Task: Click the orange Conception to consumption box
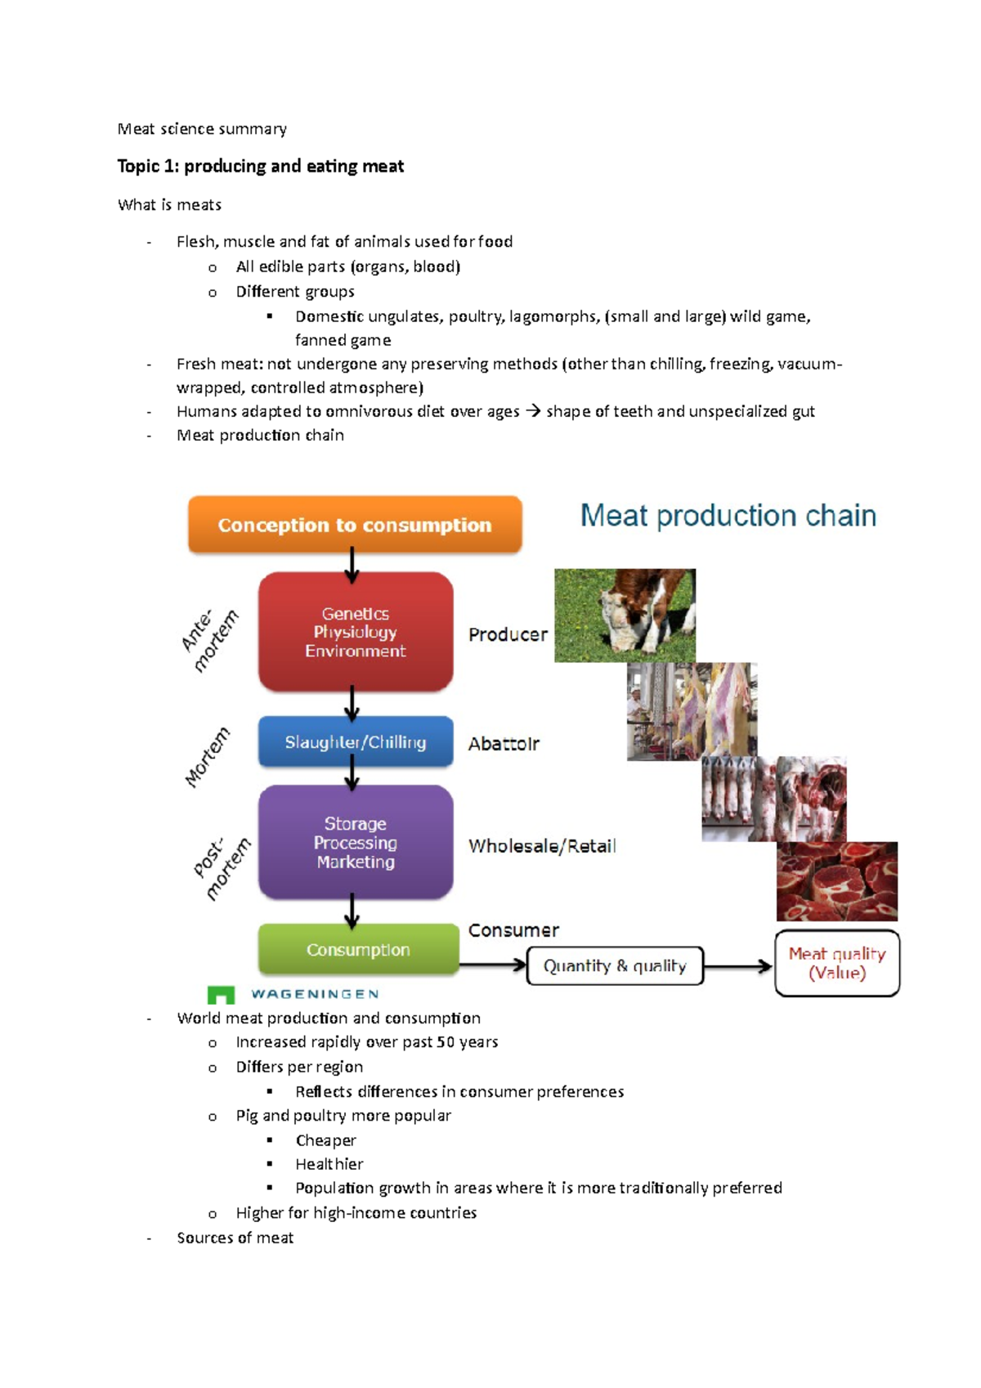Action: tap(355, 525)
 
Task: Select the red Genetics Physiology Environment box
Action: tap(356, 632)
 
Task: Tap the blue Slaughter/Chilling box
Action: tap(356, 742)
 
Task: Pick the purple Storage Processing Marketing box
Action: tap(356, 843)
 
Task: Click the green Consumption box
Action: tap(358, 950)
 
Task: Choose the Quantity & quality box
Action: tap(615, 966)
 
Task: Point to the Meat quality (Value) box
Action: tap(837, 964)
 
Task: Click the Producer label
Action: tap(508, 634)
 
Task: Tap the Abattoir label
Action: tap(504, 744)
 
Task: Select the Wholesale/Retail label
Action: tap(542, 846)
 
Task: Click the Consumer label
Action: tap(513, 930)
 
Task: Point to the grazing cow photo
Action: tap(625, 616)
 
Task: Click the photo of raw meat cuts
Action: tap(837, 881)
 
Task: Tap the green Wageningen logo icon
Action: tap(221, 995)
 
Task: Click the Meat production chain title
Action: tap(728, 516)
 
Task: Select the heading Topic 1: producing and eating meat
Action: tap(261, 167)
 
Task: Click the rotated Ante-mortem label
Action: tap(210, 641)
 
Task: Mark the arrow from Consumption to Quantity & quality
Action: tap(492, 965)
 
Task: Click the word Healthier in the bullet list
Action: tap(329, 1164)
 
